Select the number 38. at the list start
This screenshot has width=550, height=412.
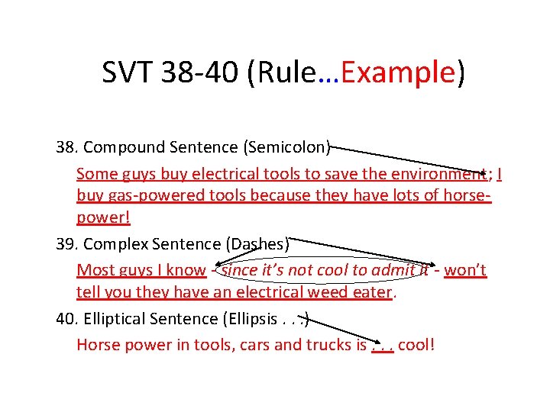[67, 146]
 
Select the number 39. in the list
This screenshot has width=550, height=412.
[67, 244]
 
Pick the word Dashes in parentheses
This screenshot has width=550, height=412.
[257, 244]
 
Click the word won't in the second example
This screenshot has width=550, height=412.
[464, 270]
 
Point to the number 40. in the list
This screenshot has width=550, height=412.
[67, 318]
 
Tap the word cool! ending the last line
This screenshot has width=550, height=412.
[416, 344]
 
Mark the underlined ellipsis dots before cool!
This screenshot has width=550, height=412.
[382, 347]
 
